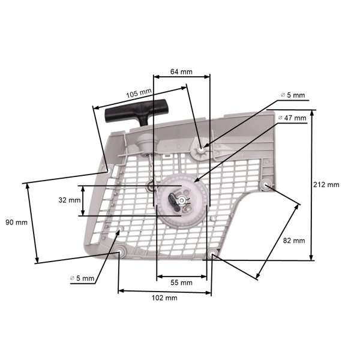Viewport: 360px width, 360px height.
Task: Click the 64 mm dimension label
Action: (x=181, y=71)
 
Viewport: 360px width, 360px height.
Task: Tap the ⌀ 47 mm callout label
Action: (x=293, y=119)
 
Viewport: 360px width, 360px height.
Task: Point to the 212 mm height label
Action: (x=326, y=184)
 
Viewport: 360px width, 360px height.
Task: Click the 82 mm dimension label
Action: (x=294, y=240)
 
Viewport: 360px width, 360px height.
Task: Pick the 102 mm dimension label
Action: (x=164, y=298)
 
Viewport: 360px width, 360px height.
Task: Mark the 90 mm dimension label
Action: (x=16, y=222)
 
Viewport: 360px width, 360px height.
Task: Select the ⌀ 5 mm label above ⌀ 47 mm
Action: (x=293, y=95)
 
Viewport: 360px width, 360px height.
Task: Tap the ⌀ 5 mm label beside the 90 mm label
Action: (x=82, y=278)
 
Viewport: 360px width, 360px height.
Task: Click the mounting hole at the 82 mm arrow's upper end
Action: (x=266, y=184)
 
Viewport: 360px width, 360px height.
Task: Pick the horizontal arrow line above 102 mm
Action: (x=164, y=292)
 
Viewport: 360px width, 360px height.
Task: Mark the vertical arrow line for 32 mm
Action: (x=84, y=200)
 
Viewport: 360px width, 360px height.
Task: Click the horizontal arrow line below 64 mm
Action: (x=181, y=77)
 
